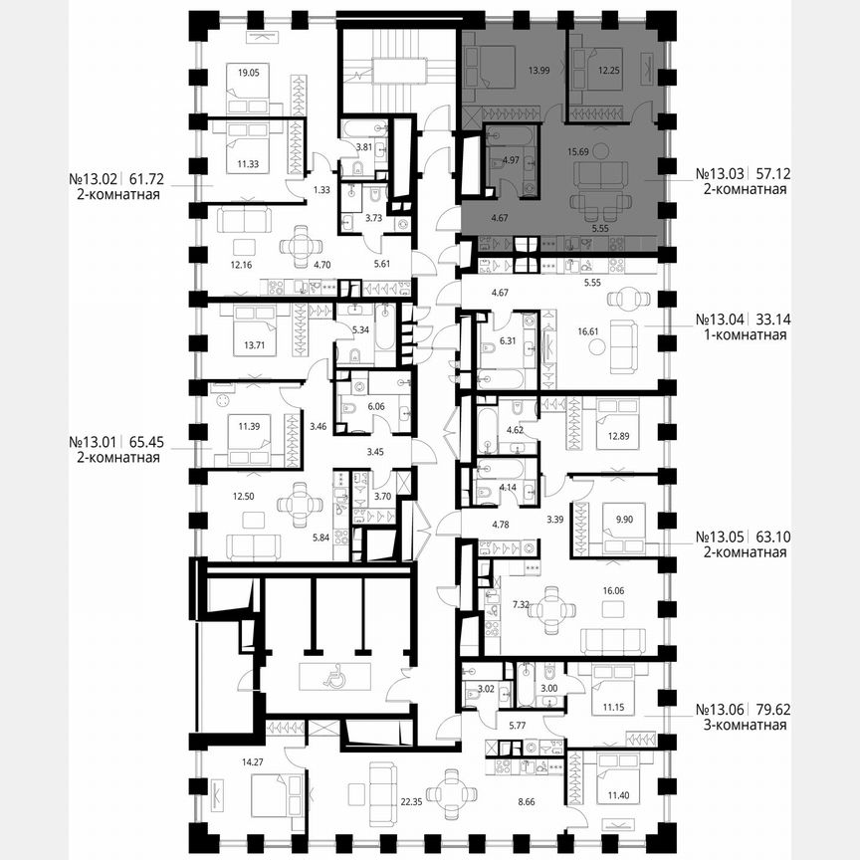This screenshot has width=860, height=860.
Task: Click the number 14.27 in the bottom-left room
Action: click(x=226, y=763)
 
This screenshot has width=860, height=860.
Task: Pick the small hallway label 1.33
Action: click(x=293, y=189)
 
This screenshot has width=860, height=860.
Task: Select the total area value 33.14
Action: click(x=770, y=320)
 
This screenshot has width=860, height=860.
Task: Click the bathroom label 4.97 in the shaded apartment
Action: click(x=510, y=159)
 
